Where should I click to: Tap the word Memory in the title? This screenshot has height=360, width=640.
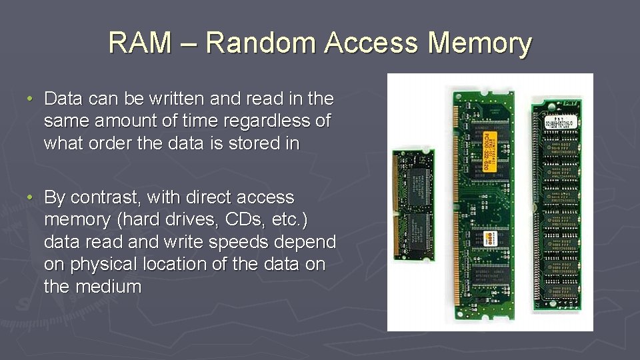(x=480, y=43)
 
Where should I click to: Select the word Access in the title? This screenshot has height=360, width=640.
(x=373, y=43)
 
